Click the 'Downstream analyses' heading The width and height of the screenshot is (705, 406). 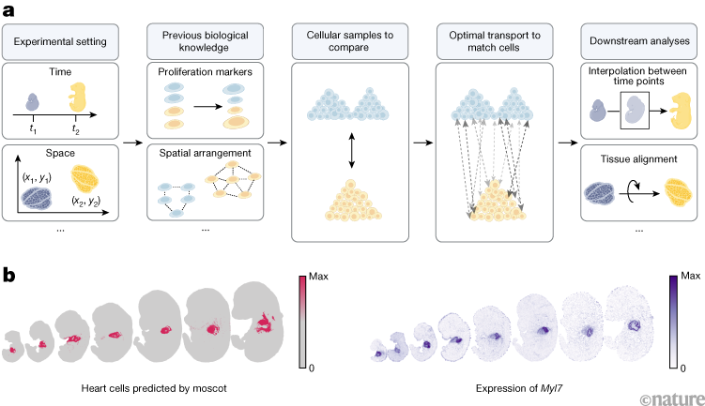tap(638, 42)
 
